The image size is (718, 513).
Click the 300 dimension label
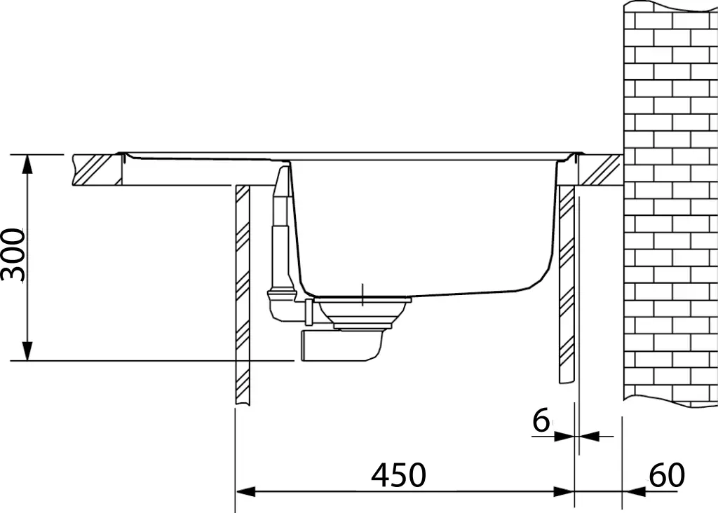pos(14,255)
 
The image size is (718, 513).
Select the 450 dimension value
pos(398,476)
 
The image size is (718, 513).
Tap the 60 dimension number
pos(665,476)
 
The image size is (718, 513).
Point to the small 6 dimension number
pos(541,421)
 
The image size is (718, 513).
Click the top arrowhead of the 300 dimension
pos(27,163)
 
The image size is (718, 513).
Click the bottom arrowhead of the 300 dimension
pos(27,352)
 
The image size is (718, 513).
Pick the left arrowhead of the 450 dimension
pos(244,492)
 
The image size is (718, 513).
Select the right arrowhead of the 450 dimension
pos(564,492)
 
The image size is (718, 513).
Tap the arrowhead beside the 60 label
pos(633,492)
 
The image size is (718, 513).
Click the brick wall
pos(670,203)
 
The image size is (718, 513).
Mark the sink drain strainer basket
pos(362,313)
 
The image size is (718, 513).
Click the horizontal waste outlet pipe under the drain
pos(340,346)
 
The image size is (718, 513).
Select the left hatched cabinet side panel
pos(242,294)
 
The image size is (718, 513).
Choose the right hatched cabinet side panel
pos(566,284)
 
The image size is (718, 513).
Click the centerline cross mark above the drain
pos(363,295)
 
